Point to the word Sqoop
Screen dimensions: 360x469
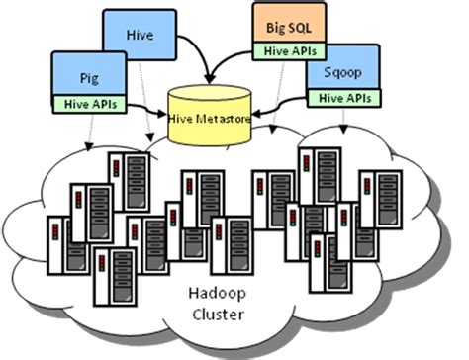pyautogui.click(x=340, y=73)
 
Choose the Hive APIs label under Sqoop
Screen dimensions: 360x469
pyautogui.click(x=340, y=97)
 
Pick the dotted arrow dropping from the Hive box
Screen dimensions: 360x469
pyautogui.click(x=141, y=109)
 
